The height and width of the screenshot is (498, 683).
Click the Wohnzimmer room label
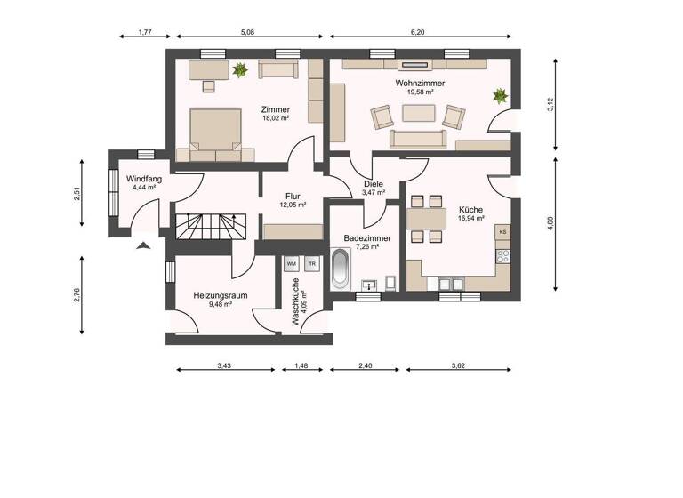(x=420, y=83)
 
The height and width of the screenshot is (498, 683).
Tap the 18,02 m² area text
(x=276, y=117)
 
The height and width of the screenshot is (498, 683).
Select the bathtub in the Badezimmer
(x=340, y=269)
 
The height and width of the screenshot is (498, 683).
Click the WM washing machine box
(x=291, y=264)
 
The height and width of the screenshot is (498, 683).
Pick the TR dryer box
(x=311, y=264)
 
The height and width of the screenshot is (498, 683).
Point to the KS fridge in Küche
(x=502, y=232)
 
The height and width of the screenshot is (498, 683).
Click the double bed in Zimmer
(x=216, y=129)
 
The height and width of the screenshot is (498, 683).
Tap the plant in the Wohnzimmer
(x=501, y=94)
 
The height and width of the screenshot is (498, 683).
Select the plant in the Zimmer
(x=239, y=68)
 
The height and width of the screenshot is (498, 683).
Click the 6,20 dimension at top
(x=418, y=33)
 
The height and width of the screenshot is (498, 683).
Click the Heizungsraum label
(x=220, y=295)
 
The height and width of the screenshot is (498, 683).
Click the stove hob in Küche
(x=502, y=256)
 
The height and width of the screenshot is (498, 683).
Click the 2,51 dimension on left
(x=78, y=194)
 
